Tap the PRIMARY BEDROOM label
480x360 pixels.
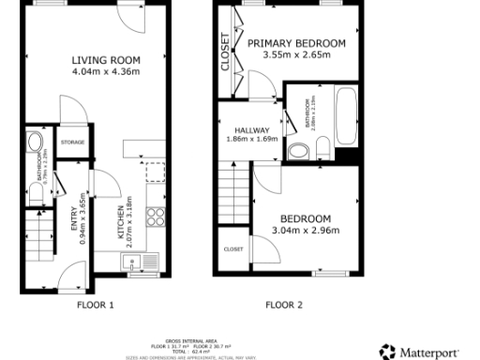[296, 43]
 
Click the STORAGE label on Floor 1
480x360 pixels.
[73, 142]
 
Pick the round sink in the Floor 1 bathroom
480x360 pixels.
[35, 143]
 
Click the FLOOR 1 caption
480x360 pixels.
[95, 304]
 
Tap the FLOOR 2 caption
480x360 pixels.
[284, 304]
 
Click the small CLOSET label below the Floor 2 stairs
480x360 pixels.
[232, 249]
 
